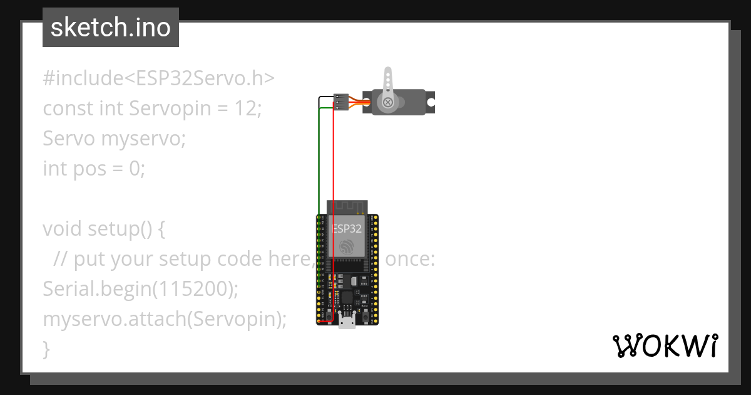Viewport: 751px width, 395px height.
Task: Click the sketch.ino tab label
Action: (x=111, y=28)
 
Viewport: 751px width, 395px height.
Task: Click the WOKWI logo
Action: (x=665, y=346)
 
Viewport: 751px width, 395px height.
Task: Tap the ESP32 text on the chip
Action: (x=347, y=229)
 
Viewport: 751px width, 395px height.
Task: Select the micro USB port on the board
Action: (x=347, y=321)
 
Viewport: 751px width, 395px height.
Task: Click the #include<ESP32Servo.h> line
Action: (x=159, y=78)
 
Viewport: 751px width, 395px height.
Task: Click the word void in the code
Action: (x=63, y=229)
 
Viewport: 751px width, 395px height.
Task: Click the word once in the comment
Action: (x=409, y=259)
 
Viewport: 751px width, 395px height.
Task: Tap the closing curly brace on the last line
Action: (x=46, y=349)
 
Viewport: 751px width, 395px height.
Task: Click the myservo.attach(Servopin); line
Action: (x=165, y=319)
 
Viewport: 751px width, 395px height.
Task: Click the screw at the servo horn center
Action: (x=388, y=102)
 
